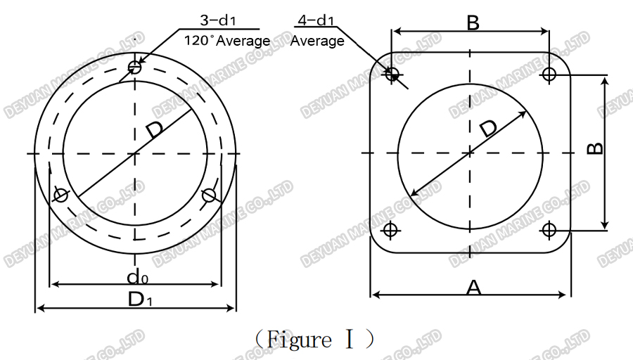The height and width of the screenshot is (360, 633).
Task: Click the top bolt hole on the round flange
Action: (135, 67)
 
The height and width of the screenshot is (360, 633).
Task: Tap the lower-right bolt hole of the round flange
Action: (208, 195)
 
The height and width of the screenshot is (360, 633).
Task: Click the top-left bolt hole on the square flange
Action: (392, 73)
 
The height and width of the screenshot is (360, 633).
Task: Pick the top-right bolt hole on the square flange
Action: (549, 73)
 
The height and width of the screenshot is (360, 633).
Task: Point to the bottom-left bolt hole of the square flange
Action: (392, 229)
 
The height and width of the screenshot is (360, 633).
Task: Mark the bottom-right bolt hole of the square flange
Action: (549, 229)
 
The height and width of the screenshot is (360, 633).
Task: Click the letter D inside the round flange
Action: (155, 129)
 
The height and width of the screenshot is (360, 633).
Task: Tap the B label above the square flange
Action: (473, 22)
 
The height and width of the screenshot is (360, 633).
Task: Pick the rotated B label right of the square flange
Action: (594, 149)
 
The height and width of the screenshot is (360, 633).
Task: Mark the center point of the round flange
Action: (135, 153)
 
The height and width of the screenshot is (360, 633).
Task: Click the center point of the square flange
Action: (471, 152)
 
